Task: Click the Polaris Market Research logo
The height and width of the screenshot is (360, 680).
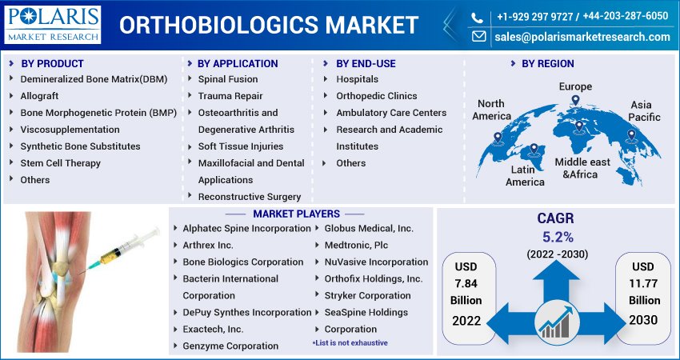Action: pyautogui.click(x=53, y=25)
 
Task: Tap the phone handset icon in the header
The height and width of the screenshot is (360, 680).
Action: pyautogui.click(x=477, y=18)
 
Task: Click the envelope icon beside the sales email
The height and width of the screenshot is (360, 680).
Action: pyautogui.click(x=478, y=37)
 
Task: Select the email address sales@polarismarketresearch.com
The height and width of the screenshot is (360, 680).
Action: pyautogui.click(x=582, y=37)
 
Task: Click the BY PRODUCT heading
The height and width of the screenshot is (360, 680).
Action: pyautogui.click(x=52, y=64)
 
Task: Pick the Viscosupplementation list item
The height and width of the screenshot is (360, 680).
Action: pyautogui.click(x=70, y=130)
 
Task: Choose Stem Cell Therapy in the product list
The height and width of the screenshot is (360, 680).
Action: pyautogui.click(x=60, y=163)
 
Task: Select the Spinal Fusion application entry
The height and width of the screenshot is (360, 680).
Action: pyautogui.click(x=228, y=79)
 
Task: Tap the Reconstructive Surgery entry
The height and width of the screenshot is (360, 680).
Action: pyautogui.click(x=250, y=197)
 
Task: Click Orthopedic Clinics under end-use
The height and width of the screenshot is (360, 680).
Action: pyautogui.click(x=377, y=96)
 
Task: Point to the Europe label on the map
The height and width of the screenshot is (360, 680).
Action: pyautogui.click(x=575, y=86)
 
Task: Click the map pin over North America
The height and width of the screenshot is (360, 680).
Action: pyautogui.click(x=498, y=138)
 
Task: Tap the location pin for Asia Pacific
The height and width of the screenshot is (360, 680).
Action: pyautogui.click(x=631, y=136)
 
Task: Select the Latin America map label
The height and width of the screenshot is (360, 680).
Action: pyautogui.click(x=525, y=176)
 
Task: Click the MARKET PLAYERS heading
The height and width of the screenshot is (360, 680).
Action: pyautogui.click(x=296, y=214)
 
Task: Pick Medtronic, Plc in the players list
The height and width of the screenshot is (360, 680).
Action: pyautogui.click(x=356, y=246)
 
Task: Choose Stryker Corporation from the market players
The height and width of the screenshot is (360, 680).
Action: pyautogui.click(x=367, y=296)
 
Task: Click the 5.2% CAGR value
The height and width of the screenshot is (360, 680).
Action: pyautogui.click(x=558, y=238)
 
